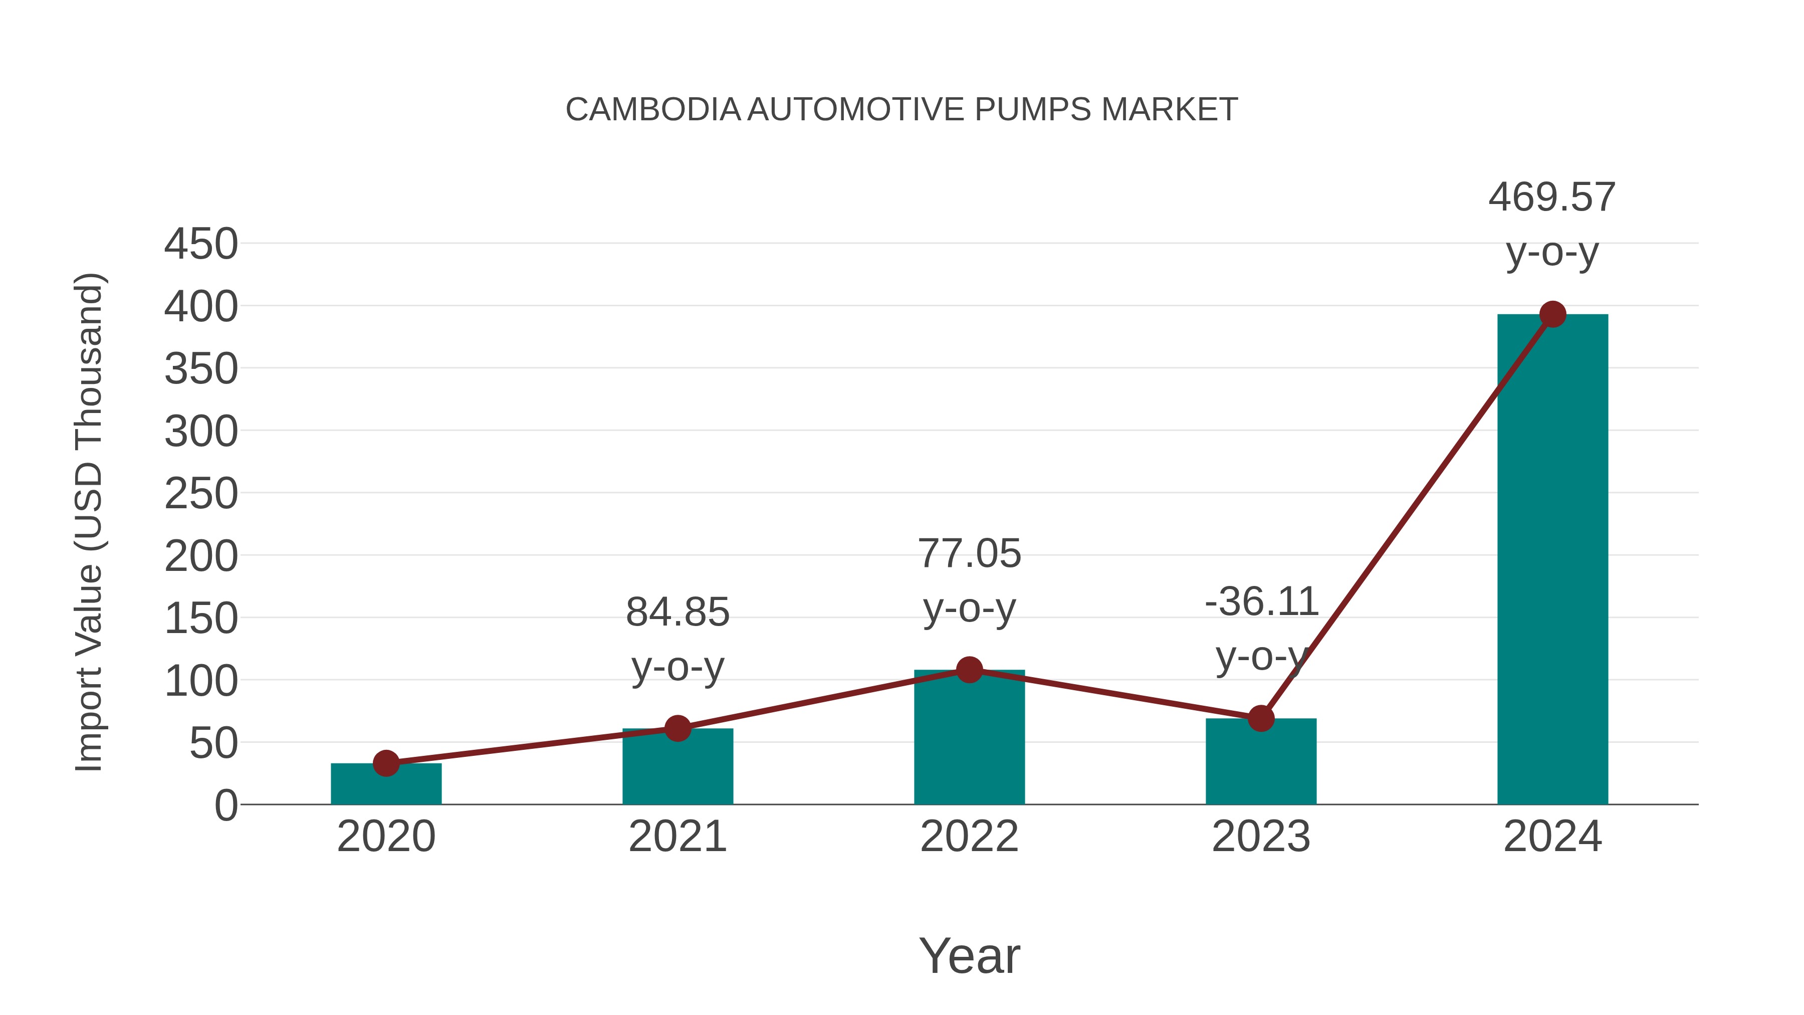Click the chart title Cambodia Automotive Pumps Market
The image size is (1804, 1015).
click(901, 110)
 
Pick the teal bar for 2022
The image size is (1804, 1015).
click(969, 739)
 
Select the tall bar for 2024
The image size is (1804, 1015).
click(1552, 560)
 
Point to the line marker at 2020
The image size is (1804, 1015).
click(386, 763)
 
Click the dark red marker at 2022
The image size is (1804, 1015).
click(969, 670)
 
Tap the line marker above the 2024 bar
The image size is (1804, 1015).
click(1552, 314)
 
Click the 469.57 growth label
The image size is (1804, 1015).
click(1552, 197)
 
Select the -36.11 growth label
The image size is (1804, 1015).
click(1261, 601)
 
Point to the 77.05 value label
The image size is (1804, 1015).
click(969, 553)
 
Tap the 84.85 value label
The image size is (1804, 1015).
click(677, 612)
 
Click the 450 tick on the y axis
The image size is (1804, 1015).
click(201, 245)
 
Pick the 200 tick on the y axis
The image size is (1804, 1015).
click(201, 557)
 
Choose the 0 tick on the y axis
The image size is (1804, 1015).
click(225, 805)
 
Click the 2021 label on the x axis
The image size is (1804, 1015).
click(677, 837)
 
